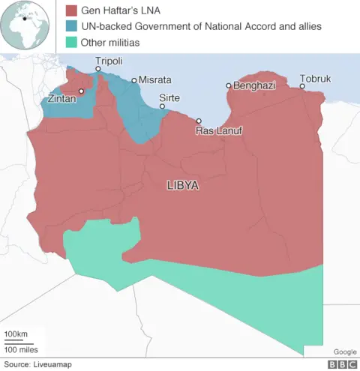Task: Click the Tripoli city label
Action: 109,61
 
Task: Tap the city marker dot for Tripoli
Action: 98,70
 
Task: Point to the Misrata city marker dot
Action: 134,80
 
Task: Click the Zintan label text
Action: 61,98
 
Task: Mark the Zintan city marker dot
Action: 81,91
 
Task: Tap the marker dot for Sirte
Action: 163,107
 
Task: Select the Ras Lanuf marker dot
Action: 199,121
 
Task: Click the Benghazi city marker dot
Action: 229,85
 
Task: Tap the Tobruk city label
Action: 315,79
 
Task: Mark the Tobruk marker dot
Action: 302,86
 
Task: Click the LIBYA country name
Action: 182,185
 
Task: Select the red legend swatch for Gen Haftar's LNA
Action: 72,10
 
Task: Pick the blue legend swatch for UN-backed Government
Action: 72,26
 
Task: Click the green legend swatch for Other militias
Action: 72,43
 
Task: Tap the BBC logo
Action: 341,364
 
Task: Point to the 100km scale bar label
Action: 16,334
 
